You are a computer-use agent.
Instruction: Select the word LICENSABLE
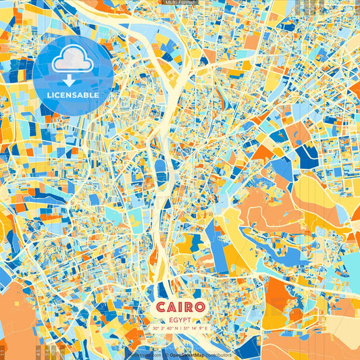[72, 95]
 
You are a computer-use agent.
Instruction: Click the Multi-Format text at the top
[180, 3]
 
